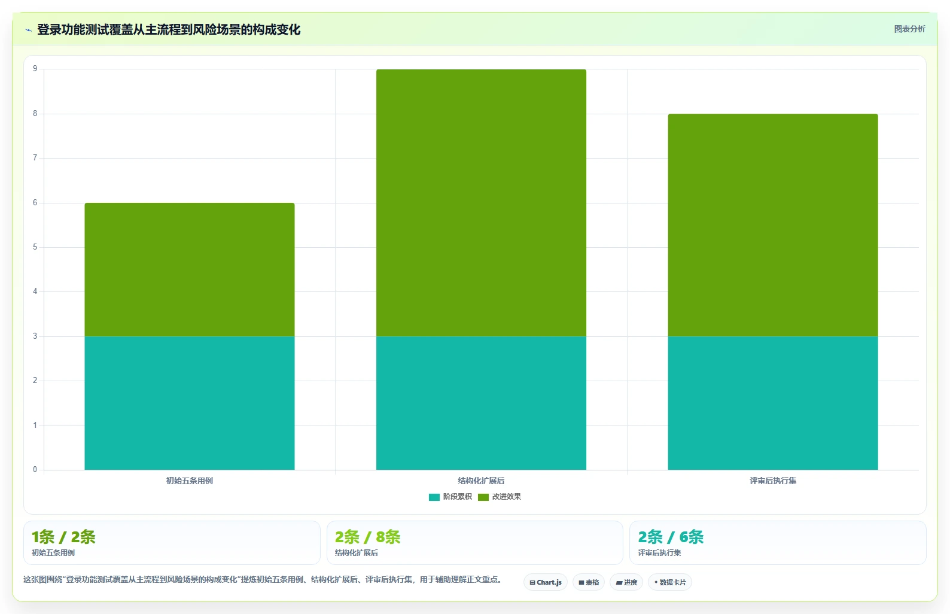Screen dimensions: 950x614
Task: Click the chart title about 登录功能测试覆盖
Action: [169, 30]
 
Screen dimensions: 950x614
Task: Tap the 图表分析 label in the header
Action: [909, 29]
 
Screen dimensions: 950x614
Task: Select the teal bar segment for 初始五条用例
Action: [190, 403]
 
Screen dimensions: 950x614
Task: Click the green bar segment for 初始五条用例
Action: [190, 270]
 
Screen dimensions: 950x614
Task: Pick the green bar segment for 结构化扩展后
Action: [482, 203]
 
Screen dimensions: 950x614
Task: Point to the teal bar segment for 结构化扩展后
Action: [482, 403]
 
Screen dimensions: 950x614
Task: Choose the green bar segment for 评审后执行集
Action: [773, 225]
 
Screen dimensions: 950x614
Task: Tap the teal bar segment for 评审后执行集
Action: [773, 403]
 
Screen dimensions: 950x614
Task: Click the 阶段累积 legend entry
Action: [450, 497]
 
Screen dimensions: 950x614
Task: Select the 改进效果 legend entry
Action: [500, 497]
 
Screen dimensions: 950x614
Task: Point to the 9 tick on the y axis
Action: [35, 69]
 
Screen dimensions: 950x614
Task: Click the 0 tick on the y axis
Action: [35, 469]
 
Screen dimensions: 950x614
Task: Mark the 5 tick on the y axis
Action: [35, 247]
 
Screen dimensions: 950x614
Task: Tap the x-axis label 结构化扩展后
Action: [482, 481]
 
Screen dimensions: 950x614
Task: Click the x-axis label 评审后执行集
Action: [773, 481]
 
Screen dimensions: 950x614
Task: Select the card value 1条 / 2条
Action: [63, 537]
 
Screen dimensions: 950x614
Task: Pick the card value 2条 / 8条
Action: [368, 537]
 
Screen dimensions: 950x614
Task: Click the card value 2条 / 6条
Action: [671, 537]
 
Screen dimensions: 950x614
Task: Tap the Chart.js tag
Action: [546, 582]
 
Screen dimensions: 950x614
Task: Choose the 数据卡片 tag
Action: [669, 582]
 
